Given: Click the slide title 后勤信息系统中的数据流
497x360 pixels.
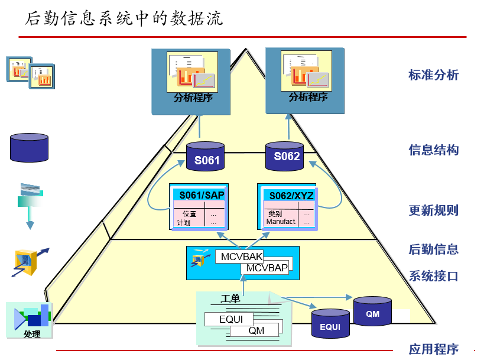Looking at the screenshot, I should pyautogui.click(x=124, y=18).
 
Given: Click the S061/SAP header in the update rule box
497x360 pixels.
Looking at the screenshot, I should pyautogui.click(x=199, y=195).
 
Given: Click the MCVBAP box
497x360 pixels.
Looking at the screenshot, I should pyautogui.click(x=267, y=268).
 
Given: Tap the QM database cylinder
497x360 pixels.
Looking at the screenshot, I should pyautogui.click(x=372, y=312).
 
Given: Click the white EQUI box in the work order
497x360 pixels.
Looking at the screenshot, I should pyautogui.click(x=230, y=319).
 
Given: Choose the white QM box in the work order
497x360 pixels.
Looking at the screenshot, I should pyautogui.click(x=256, y=330).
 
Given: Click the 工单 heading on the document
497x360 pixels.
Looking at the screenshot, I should pyautogui.click(x=230, y=299).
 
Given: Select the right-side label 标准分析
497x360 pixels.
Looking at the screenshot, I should pyautogui.click(x=433, y=75).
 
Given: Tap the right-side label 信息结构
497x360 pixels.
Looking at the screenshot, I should pyautogui.click(x=433, y=150).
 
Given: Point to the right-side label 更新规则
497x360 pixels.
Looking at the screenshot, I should pyautogui.click(x=433, y=210).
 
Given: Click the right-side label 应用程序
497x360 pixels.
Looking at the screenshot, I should pyautogui.click(x=433, y=349).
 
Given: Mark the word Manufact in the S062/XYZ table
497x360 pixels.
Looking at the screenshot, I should pyautogui.click(x=280, y=222).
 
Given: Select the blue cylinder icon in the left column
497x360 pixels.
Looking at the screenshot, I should pyautogui.click(x=29, y=147).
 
